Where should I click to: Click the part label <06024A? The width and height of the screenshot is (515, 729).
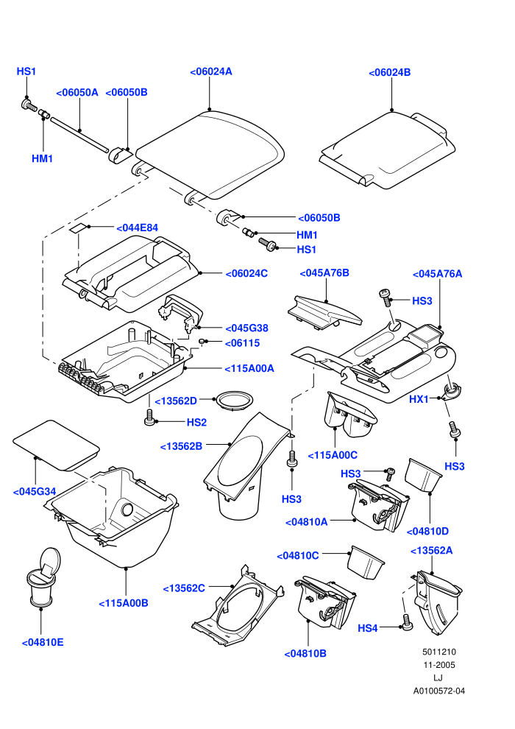(211, 71)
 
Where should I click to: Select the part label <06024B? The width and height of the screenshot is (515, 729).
(390, 72)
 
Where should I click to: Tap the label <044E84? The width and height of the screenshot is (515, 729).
(137, 228)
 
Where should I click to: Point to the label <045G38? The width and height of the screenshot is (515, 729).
(246, 328)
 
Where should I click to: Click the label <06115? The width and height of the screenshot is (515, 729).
(242, 343)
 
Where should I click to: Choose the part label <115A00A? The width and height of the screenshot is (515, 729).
(249, 369)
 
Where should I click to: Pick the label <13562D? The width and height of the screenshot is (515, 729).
(176, 401)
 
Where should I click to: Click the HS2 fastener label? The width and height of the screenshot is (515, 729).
(196, 423)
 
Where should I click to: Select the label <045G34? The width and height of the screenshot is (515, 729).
(35, 491)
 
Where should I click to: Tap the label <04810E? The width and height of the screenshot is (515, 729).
(43, 643)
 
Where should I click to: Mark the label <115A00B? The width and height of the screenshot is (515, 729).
(124, 603)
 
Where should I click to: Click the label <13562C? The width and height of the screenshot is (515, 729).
(184, 588)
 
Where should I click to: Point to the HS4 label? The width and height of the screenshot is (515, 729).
(367, 629)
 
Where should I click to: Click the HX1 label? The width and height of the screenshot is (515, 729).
(419, 399)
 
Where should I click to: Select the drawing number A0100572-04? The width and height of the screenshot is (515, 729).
(438, 691)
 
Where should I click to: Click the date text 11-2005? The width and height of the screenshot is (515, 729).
(438, 665)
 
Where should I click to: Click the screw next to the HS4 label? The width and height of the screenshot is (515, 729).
(407, 622)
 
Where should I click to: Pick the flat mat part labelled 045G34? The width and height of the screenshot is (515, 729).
(56, 445)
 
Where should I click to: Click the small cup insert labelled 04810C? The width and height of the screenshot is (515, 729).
(366, 563)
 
